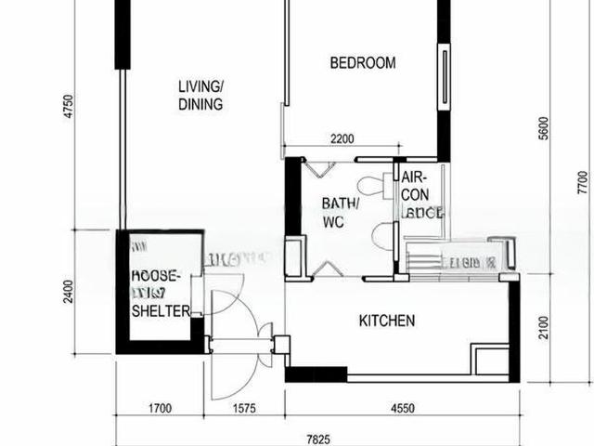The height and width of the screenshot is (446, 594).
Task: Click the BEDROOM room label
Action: [x=363, y=63]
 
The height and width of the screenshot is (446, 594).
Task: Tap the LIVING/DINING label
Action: [x=200, y=96]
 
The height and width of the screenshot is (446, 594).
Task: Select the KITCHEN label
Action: [x=387, y=321]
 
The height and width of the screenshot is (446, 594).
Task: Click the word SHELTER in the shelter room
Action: [x=161, y=310]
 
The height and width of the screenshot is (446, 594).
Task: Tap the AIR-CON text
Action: [x=415, y=185]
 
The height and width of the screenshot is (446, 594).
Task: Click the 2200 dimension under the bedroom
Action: [x=342, y=140]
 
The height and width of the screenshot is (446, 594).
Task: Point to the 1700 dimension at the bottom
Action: [x=159, y=407]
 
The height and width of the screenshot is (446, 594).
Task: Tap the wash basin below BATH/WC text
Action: [x=381, y=236]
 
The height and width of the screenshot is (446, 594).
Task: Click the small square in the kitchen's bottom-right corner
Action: [x=490, y=361]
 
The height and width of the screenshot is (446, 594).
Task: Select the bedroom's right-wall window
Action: [x=446, y=78]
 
